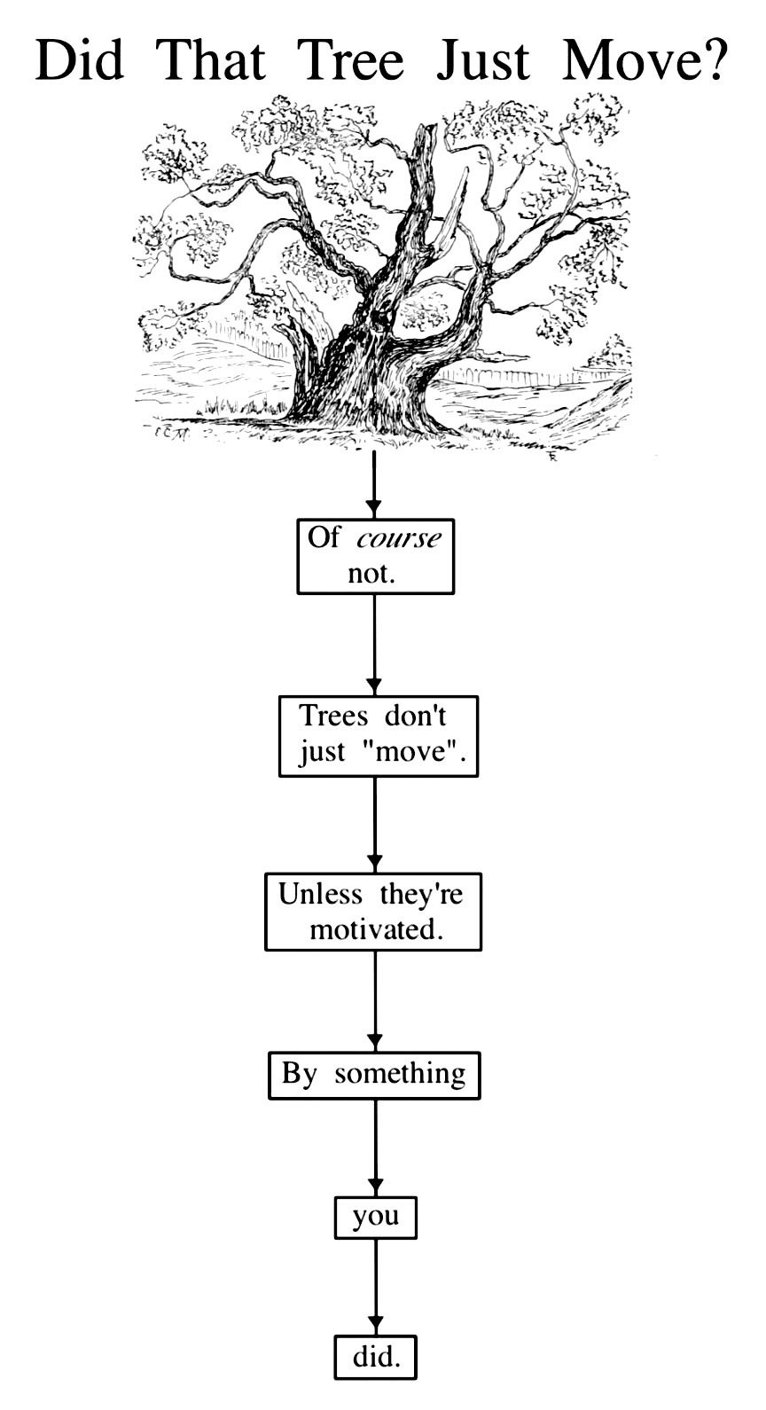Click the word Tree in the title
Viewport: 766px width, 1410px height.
(x=350, y=60)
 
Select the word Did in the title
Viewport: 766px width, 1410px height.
(x=79, y=60)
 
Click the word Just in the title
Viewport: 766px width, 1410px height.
(x=483, y=60)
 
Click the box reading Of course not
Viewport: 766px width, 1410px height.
(x=375, y=556)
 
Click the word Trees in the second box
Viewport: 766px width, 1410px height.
(x=333, y=716)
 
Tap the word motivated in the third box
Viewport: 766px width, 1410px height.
(x=375, y=929)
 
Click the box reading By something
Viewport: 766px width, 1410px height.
(x=374, y=1075)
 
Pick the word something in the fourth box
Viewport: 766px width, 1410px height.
(x=399, y=1074)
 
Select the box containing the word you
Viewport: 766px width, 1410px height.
(x=375, y=1217)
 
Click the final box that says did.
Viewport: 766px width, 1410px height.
(x=375, y=1357)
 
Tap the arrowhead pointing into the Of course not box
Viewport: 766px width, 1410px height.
(x=374, y=509)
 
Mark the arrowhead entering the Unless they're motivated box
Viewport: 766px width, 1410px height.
(x=375, y=862)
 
